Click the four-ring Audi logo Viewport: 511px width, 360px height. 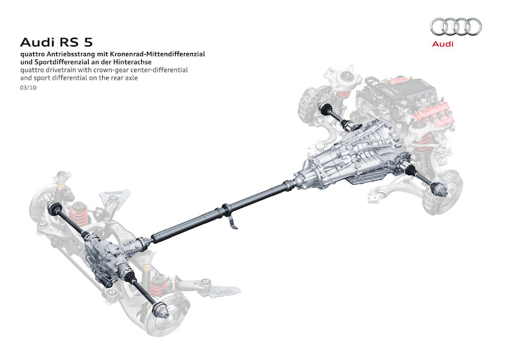(455, 27)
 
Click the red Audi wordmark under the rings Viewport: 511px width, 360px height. (443, 44)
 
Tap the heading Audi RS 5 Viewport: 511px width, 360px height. (56, 42)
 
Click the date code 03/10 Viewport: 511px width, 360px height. (28, 87)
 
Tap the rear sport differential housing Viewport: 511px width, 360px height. (107, 257)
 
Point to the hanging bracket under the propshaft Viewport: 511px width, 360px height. (233, 221)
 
